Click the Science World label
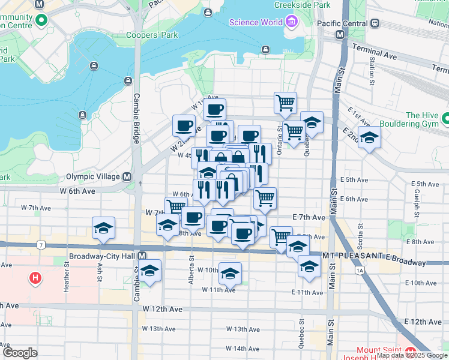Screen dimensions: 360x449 pos(255,23)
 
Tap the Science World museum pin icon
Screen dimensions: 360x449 pos(292,23)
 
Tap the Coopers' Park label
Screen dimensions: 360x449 pos(152,35)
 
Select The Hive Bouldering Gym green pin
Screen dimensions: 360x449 pos(445,119)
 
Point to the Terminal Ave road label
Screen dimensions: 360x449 pos(375,51)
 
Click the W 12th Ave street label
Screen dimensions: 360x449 pos(162,309)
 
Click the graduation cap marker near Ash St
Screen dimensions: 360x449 pos(103,229)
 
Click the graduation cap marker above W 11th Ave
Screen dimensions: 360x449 pos(230,274)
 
